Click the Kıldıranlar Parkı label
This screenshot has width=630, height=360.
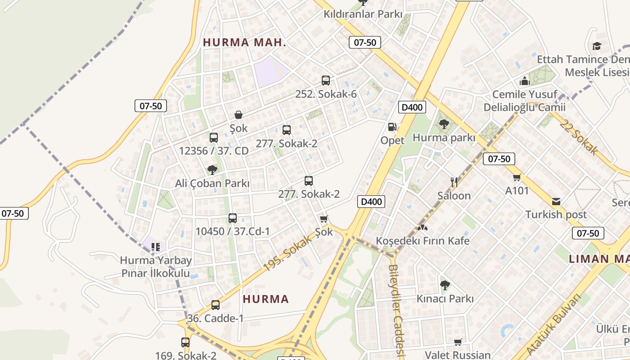[363, 14]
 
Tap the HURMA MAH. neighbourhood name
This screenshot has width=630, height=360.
[244, 43]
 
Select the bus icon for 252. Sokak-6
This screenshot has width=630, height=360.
[326, 81]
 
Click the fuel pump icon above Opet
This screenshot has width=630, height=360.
[392, 127]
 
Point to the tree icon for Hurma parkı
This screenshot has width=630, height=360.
[444, 124]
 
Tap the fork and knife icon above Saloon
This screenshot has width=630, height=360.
[454, 182]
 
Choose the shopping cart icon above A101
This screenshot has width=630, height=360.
[517, 177]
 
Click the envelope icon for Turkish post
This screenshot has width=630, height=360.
[556, 201]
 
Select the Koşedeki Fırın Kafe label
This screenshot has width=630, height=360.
[423, 241]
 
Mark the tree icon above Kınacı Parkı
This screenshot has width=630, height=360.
[445, 285]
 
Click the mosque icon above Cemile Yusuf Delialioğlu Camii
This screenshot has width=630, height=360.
[524, 81]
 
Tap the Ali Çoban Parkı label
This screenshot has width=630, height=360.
[212, 183]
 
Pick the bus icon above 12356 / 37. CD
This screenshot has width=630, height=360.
[214, 137]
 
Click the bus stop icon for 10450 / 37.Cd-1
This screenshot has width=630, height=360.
[233, 218]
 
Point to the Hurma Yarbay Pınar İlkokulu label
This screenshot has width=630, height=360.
[156, 267]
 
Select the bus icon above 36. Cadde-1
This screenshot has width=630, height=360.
[216, 305]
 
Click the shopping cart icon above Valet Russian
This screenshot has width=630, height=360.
[458, 342]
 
